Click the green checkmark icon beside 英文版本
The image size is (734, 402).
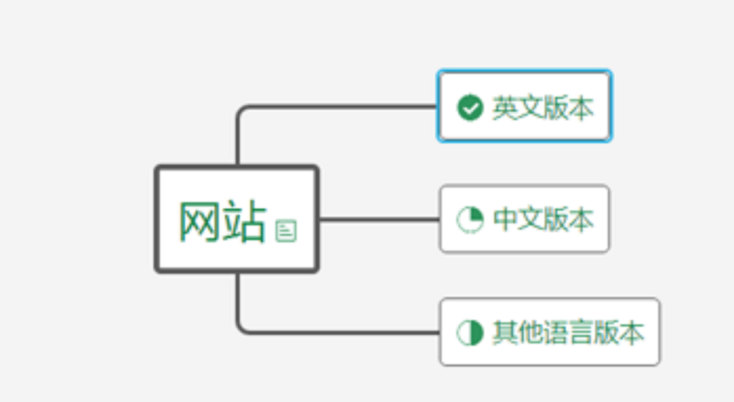click(470, 108)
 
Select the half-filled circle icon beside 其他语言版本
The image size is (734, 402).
click(470, 332)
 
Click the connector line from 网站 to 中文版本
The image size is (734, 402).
click(379, 219)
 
